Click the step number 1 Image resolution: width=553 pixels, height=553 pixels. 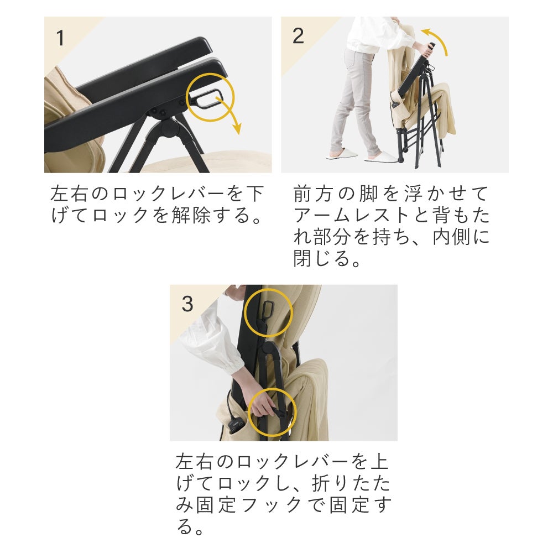coord(61,38)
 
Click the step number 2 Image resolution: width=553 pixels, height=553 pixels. coord(298,36)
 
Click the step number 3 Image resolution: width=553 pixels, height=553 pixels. coord(187,304)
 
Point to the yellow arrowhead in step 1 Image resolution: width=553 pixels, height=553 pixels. coord(237,129)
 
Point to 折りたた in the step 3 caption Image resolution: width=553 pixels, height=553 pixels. coord(351,483)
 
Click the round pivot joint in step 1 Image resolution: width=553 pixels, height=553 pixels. coord(169,129)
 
